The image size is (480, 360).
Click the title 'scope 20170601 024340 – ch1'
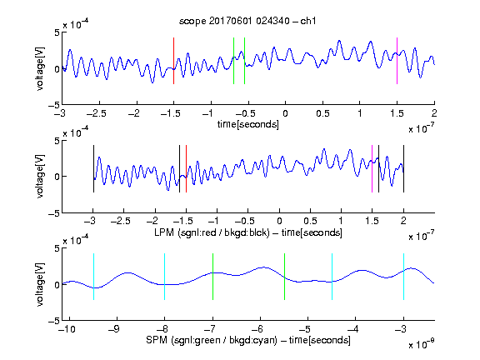coord(247,21)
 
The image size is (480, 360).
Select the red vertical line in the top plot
coord(173,61)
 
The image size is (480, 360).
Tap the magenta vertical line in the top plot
coord(397,61)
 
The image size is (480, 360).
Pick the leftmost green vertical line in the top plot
coord(233,61)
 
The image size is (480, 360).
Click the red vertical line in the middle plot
coord(186,168)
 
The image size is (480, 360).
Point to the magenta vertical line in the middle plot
coord(372,168)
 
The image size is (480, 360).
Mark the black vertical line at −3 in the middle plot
coord(93,168)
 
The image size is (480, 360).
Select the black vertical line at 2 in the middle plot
coord(403,168)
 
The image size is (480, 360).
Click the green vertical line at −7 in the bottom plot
coord(212,277)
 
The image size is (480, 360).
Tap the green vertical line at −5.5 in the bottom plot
coord(284,277)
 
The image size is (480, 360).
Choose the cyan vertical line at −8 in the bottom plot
coord(164,277)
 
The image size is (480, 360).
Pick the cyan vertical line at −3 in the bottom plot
coord(403,277)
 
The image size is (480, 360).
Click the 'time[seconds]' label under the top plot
coord(248,124)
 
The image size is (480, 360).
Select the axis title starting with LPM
coord(248,232)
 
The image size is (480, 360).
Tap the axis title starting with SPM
coord(248,340)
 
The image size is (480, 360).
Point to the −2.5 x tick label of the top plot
coord(97,113)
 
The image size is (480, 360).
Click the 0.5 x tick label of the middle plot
coord(310,221)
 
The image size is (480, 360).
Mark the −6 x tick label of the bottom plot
coord(257,329)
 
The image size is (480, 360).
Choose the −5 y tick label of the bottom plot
coord(54,321)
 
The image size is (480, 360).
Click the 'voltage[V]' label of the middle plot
coord(40,176)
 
